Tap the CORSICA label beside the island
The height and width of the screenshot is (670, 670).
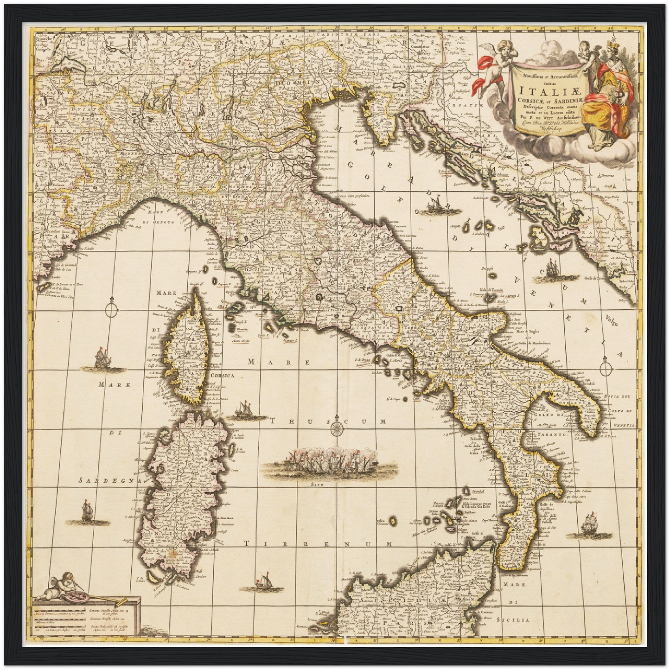[223, 375]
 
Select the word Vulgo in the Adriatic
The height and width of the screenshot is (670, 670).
[612, 320]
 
